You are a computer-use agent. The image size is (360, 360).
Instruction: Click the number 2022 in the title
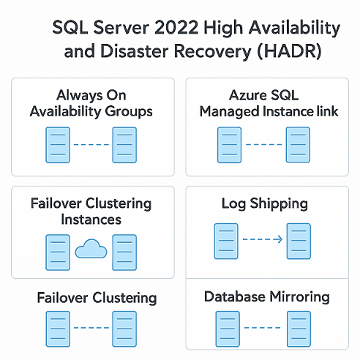point(176,27)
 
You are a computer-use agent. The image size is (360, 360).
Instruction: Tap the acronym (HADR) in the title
point(290,51)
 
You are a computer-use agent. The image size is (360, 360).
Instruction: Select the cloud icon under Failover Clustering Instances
point(91,249)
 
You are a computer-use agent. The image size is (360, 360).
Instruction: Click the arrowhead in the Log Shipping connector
point(278,239)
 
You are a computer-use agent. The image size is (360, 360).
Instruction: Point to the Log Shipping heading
point(265,203)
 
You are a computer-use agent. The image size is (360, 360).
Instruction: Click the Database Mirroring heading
point(267,297)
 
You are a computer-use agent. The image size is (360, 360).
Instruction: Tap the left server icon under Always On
point(58,145)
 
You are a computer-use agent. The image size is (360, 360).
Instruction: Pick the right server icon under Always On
point(124,145)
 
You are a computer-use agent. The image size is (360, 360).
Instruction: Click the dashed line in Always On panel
point(91,145)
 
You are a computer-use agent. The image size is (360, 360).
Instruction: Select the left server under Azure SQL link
point(229,145)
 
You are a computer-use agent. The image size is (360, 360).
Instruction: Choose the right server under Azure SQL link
point(298,145)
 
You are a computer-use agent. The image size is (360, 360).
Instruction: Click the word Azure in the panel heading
point(247,95)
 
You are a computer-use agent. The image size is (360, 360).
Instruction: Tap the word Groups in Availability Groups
point(129,112)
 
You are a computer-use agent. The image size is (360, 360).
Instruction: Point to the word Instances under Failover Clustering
point(91,220)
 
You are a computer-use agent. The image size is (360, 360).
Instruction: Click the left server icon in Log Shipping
point(226,241)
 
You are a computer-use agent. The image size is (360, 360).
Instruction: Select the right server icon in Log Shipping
point(299,241)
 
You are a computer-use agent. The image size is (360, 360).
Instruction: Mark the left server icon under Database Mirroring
point(228,329)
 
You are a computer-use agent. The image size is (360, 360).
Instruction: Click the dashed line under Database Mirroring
point(262,328)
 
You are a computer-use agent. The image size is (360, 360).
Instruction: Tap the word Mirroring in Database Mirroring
point(300,297)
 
